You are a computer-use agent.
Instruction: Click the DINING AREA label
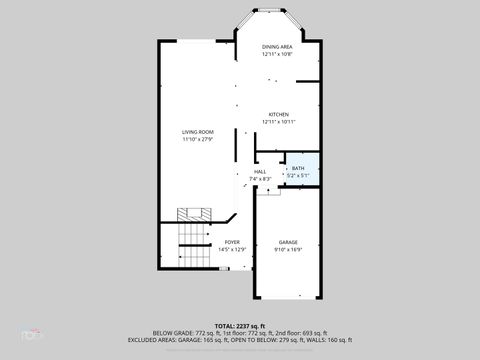click(277, 47)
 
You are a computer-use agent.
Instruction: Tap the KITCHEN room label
click(277, 114)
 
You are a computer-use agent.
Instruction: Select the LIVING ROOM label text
click(197, 132)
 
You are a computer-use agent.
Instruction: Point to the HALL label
click(260, 172)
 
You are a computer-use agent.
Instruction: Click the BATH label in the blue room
click(298, 168)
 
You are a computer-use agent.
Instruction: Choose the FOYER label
click(232, 242)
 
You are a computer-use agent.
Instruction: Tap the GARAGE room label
click(288, 242)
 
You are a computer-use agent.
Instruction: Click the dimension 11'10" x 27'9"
click(197, 140)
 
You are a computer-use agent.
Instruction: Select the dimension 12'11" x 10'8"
click(277, 54)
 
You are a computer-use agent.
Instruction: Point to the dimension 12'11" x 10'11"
click(277, 122)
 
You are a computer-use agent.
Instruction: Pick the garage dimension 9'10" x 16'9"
click(288, 249)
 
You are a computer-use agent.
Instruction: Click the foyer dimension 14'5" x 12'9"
click(232, 249)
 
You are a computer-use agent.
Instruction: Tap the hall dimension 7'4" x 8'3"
click(260, 179)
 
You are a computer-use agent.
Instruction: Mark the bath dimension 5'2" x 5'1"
click(298, 176)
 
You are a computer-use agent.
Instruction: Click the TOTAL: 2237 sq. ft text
click(240, 325)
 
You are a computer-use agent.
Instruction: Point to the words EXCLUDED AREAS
click(151, 339)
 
